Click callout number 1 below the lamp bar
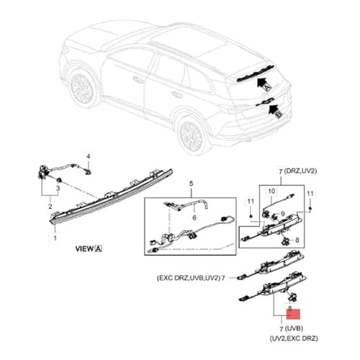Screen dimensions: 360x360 click(x=50, y=237)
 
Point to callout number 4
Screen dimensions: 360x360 click(x=89, y=156)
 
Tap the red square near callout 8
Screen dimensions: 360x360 click(x=297, y=314)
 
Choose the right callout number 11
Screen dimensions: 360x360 click(x=310, y=194)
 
